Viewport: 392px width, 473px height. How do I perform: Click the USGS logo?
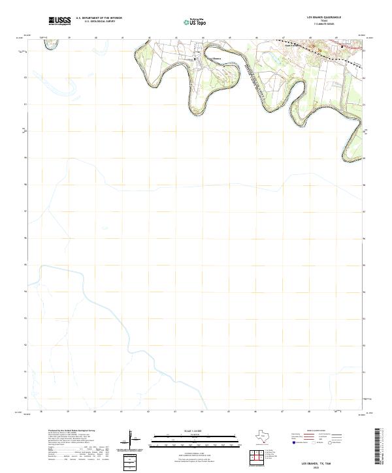[x=59, y=22]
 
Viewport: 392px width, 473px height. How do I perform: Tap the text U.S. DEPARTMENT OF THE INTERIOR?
[x=99, y=18]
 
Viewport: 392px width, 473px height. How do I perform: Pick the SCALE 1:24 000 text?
[x=187, y=431]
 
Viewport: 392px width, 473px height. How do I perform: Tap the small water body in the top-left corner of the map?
[x=46, y=40]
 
